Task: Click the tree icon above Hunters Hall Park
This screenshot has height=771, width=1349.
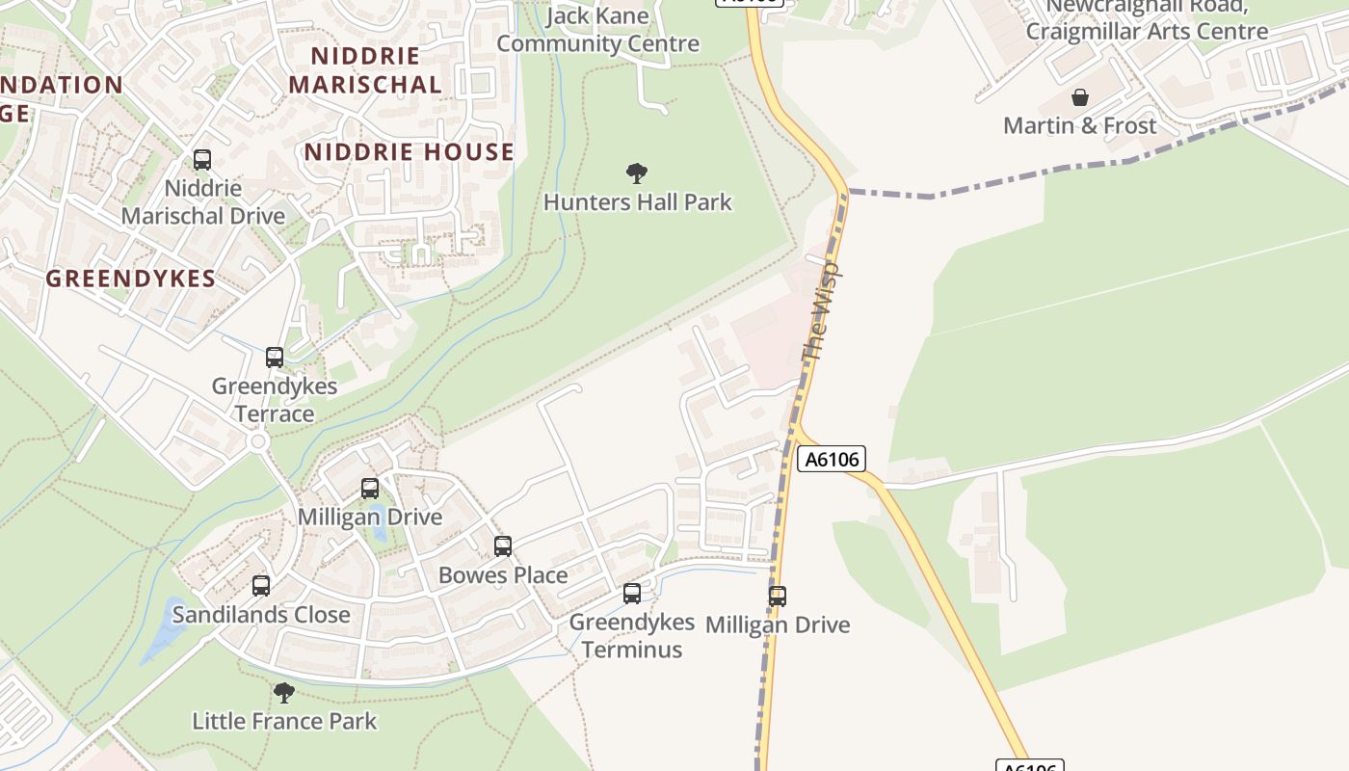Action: (636, 173)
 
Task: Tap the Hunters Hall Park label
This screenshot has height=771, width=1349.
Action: (638, 202)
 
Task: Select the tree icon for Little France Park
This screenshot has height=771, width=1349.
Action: (283, 692)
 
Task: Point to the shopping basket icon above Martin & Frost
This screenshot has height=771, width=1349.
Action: (1079, 97)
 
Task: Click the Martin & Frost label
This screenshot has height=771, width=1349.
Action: (1079, 125)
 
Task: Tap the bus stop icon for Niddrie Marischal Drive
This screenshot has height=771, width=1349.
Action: (202, 160)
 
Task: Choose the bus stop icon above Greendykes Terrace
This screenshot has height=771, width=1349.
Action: (275, 358)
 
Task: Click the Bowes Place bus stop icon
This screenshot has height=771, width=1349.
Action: (502, 546)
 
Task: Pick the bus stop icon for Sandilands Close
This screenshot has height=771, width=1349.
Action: (261, 585)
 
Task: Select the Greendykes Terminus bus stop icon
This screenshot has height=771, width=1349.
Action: (632, 594)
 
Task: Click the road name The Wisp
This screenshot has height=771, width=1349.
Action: (822, 310)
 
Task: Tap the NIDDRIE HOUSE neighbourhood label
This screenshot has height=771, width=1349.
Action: (410, 152)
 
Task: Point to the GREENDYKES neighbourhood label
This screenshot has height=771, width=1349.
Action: (131, 279)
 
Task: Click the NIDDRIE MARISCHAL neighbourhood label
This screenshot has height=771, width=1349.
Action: (365, 70)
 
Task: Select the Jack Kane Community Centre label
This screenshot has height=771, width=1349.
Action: (597, 30)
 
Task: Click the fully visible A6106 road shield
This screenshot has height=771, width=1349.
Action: (832, 459)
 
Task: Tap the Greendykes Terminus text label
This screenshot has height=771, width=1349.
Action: (632, 635)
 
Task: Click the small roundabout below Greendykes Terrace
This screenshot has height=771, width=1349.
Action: (257, 442)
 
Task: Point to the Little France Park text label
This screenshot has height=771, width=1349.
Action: (284, 721)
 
